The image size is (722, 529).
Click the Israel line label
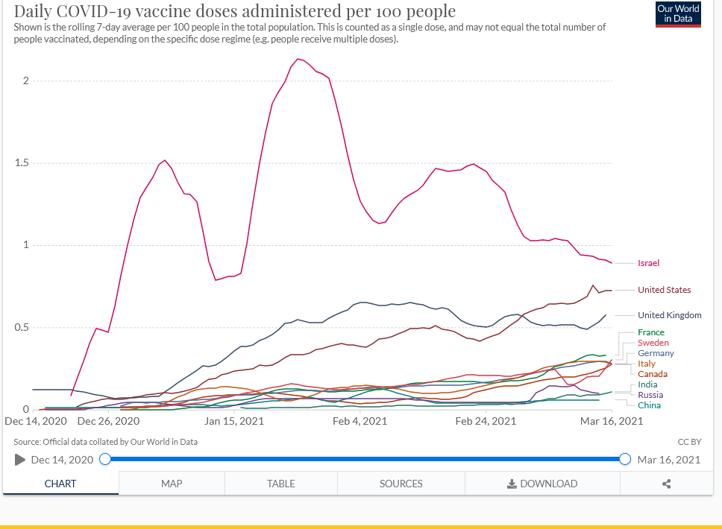tap(648, 263)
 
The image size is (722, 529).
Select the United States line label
tap(664, 290)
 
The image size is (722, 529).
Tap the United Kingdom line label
tap(669, 315)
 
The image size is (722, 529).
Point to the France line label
tap(650, 332)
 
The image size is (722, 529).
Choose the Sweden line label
tap(653, 343)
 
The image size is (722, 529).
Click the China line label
tap(649, 405)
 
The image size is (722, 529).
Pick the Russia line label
tap(650, 395)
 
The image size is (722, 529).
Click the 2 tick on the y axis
tap(25, 80)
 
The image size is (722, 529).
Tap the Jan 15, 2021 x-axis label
tap(234, 421)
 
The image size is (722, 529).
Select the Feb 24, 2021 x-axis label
tap(485, 421)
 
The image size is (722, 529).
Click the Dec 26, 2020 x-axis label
tap(108, 421)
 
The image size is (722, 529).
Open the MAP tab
tap(172, 484)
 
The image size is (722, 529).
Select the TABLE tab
tap(280, 484)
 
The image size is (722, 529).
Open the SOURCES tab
tap(401, 484)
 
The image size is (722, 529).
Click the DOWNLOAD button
tap(542, 484)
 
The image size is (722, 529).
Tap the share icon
tap(666, 484)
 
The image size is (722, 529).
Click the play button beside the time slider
tap(20, 460)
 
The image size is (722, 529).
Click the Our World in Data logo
tap(678, 14)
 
